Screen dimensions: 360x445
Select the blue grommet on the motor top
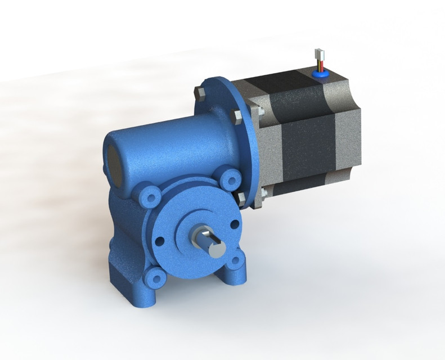click(x=320, y=72)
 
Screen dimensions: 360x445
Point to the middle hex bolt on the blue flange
click(x=237, y=117)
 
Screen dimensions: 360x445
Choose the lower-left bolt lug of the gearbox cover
click(x=154, y=276)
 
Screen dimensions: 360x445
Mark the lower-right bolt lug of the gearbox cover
click(x=237, y=260)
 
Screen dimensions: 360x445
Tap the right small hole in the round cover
click(x=233, y=224)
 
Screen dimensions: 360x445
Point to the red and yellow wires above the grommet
click(x=319, y=64)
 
